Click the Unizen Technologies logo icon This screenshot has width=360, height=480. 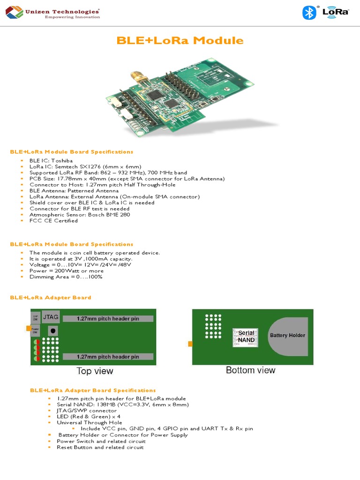14,12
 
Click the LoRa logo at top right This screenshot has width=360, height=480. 336,12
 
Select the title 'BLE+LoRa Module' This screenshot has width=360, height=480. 180,40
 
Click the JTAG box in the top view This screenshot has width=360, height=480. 51,317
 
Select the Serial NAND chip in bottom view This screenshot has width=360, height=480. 246,337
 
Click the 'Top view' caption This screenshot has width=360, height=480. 95,371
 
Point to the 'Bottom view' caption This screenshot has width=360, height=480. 251,370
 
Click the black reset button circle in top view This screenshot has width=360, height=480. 53,330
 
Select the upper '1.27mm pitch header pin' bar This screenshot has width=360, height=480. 108,319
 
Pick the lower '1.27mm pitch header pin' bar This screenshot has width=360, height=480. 108,357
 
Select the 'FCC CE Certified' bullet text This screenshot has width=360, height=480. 53,221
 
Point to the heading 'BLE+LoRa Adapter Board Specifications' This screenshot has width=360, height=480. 93,390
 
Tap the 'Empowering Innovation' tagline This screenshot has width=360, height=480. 72,17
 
